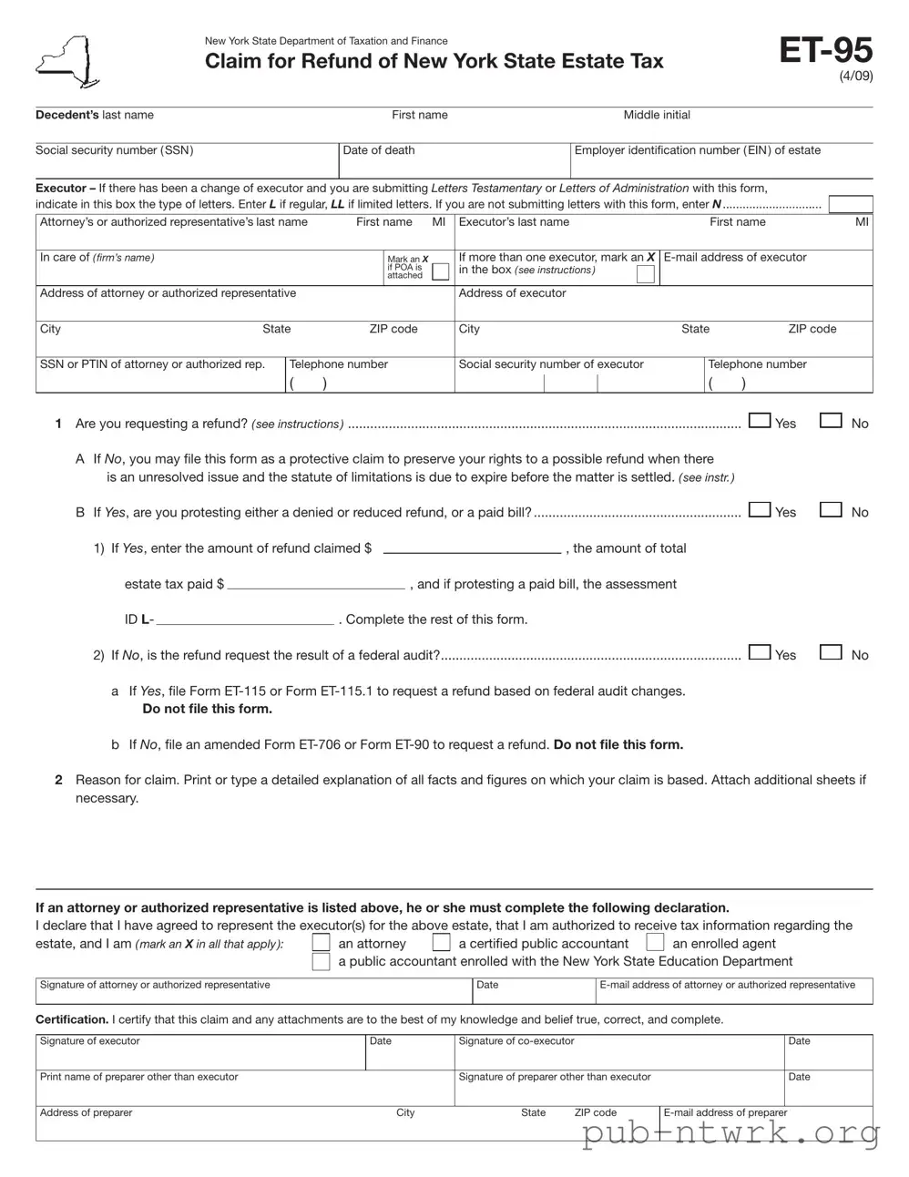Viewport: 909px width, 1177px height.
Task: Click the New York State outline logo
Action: click(x=68, y=62)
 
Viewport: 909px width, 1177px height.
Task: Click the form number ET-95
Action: click(x=825, y=50)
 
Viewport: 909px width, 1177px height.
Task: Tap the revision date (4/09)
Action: click(x=855, y=77)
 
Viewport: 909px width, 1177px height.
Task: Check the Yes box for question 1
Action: click(x=759, y=421)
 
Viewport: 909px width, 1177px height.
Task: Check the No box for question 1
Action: click(x=830, y=421)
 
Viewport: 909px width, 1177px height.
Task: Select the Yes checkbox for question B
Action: click(x=759, y=510)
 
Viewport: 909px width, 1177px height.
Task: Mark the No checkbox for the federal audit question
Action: click(x=830, y=652)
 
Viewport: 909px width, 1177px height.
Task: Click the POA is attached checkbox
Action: click(x=440, y=271)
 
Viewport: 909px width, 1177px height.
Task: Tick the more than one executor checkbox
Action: click(x=645, y=274)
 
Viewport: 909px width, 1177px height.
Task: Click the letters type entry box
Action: click(x=850, y=204)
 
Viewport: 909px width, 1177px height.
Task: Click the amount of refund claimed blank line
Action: click(x=472, y=548)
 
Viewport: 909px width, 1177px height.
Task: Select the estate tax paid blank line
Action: click(x=316, y=584)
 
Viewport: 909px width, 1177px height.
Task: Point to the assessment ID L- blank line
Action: click(x=244, y=619)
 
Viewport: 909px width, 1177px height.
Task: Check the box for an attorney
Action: click(x=321, y=943)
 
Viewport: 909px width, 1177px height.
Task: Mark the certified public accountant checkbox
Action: click(x=441, y=943)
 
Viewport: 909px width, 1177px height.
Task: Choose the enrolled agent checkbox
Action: click(x=655, y=943)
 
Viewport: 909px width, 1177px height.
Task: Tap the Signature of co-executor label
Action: click(x=516, y=1041)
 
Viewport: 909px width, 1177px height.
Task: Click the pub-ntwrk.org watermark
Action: click(x=730, y=1132)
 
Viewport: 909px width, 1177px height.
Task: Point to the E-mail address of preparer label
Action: click(x=725, y=1112)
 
